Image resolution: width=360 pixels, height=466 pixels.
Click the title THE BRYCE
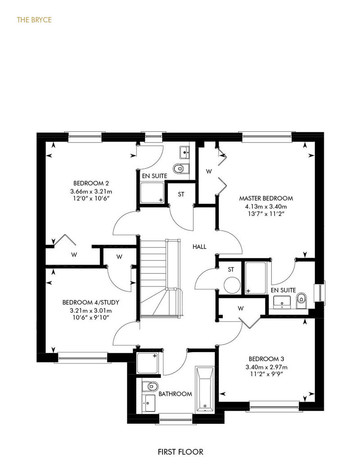(x=34, y=20)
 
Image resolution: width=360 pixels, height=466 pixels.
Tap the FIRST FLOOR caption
(x=180, y=452)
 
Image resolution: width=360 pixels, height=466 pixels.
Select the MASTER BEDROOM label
(x=266, y=198)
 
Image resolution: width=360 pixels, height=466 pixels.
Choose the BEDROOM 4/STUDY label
(x=90, y=302)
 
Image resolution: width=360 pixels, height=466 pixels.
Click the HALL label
(x=199, y=246)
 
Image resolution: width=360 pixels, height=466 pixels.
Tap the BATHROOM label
(x=175, y=394)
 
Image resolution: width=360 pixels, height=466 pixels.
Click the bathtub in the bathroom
(x=205, y=390)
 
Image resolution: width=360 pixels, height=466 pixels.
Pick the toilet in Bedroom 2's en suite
(x=181, y=169)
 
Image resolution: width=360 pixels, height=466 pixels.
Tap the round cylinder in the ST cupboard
(x=232, y=285)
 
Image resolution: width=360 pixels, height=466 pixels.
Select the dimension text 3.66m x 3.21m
(x=91, y=191)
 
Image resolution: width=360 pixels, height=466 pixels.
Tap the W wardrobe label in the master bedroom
(x=209, y=171)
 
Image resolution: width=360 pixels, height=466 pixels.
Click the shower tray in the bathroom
(x=148, y=363)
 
